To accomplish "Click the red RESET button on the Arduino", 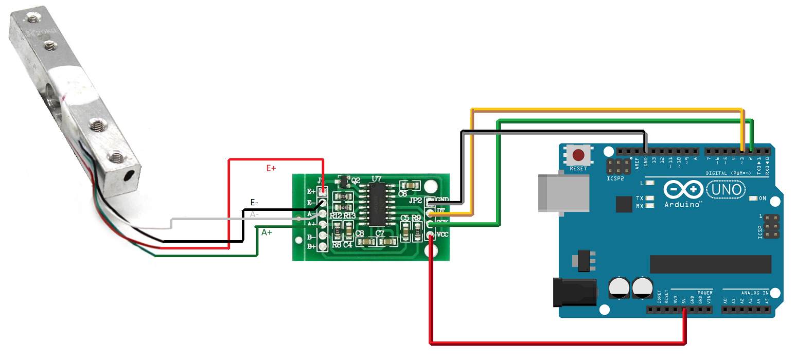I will tap(579, 155).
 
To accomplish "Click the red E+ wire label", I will tap(271, 168).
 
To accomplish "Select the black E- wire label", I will tap(254, 202).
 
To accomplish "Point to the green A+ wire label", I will tap(267, 232).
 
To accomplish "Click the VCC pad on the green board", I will tap(430, 235).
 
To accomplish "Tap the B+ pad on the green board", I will tap(323, 247).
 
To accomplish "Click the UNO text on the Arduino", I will tap(726, 190).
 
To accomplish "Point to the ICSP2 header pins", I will tap(616, 166).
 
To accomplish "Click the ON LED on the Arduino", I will tap(754, 198).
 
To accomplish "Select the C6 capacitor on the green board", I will tap(411, 185).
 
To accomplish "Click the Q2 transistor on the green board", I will tap(342, 181).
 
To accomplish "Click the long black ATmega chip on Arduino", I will tap(710, 264).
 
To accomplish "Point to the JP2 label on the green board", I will tap(415, 201).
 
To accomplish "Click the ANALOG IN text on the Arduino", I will tap(754, 292).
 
